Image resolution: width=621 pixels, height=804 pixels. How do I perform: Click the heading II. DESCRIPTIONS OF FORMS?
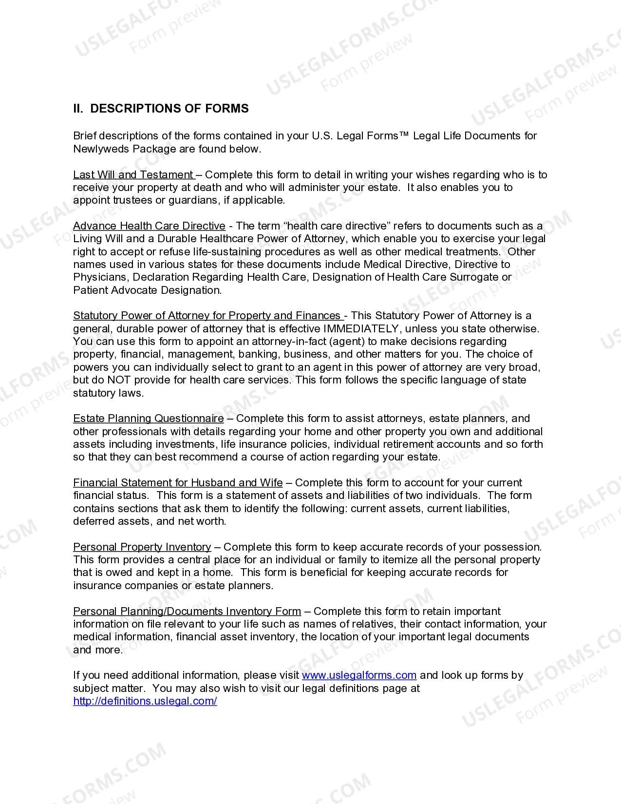pos(161,109)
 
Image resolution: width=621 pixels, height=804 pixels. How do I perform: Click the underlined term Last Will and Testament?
pos(133,175)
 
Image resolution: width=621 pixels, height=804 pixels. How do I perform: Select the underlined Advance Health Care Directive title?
pos(149,226)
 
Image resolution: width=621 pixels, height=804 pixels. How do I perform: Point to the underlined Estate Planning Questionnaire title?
pos(148,419)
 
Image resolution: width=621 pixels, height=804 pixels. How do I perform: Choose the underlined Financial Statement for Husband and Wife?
pos(178,483)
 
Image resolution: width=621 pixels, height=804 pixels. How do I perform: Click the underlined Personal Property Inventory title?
pos(142,547)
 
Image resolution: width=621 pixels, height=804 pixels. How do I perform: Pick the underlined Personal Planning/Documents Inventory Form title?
pos(187,612)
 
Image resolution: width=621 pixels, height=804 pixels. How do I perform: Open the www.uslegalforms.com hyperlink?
pos(359,675)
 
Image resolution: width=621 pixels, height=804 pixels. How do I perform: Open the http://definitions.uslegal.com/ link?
pos(145,701)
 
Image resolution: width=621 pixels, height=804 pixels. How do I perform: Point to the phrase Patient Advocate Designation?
pos(147,290)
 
